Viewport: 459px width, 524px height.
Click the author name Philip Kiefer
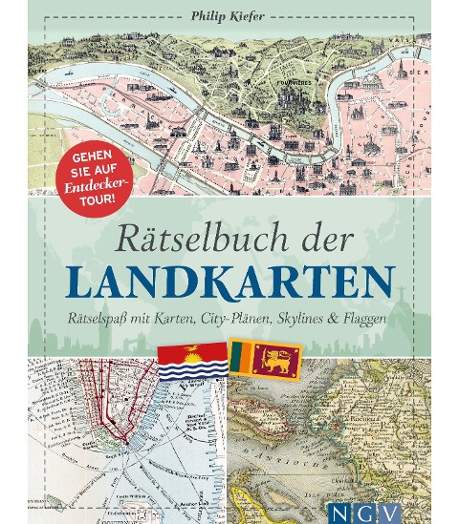(x=229, y=13)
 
